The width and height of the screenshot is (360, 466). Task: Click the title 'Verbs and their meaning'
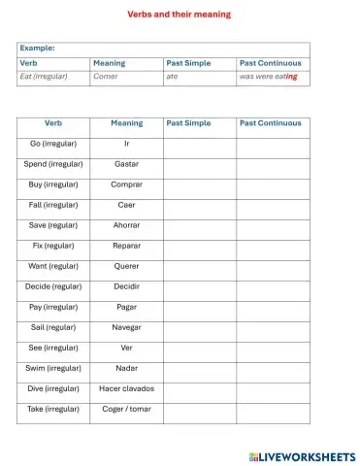click(x=180, y=15)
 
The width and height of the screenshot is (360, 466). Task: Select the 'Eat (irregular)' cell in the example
click(x=44, y=76)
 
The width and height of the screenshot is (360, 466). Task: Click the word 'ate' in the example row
click(x=172, y=76)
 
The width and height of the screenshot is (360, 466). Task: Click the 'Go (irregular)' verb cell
click(x=53, y=144)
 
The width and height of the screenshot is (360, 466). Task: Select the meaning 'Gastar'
click(x=126, y=164)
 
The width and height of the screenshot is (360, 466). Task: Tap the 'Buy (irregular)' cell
click(x=53, y=184)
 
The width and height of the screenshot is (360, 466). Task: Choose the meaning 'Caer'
click(x=126, y=205)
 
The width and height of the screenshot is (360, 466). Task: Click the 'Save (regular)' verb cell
click(x=53, y=225)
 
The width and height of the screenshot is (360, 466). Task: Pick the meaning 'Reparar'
click(x=126, y=246)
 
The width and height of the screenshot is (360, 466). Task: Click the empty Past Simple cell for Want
click(x=199, y=266)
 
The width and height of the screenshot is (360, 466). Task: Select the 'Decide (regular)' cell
click(x=53, y=286)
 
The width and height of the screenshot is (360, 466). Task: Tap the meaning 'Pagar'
click(x=126, y=307)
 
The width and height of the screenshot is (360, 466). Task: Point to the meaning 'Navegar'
click(x=126, y=327)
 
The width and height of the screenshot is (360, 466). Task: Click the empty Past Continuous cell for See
click(x=273, y=348)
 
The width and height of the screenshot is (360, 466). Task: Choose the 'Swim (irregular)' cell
click(x=53, y=368)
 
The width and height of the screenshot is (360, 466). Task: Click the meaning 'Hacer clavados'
click(x=126, y=388)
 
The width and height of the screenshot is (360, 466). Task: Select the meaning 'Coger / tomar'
click(x=126, y=409)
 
